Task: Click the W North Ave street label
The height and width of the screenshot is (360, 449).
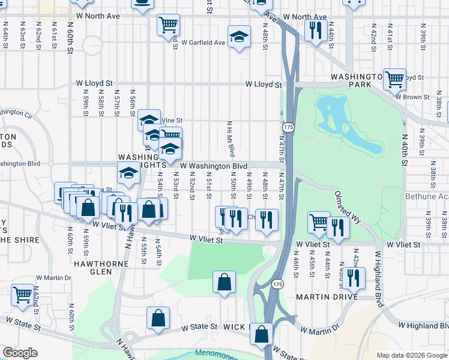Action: (305, 16)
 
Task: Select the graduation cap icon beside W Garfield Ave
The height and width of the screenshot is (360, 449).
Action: (239, 37)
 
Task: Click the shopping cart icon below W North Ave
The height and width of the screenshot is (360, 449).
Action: (169, 25)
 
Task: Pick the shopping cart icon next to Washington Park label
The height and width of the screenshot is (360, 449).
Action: (394, 79)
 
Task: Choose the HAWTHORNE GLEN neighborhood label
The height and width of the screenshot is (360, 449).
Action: (93, 268)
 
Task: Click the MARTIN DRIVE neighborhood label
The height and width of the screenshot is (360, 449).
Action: (327, 297)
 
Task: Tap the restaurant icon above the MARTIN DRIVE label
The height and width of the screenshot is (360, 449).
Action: (353, 277)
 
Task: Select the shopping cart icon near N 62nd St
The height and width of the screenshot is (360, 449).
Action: (22, 295)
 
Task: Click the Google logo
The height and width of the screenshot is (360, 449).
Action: (20, 353)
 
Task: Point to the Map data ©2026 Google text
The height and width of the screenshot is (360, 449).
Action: (411, 355)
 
